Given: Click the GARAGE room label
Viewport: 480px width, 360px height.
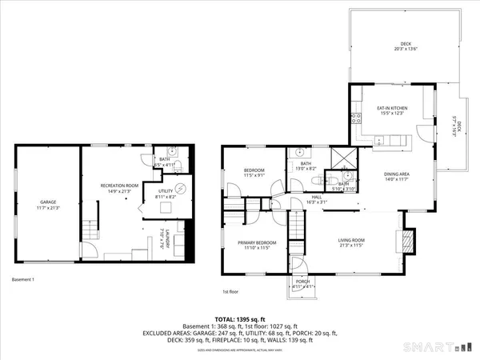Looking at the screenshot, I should click(x=47, y=204).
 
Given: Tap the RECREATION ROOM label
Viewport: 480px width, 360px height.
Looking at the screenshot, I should click(x=118, y=186).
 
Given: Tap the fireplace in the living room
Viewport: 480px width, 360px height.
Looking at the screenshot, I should click(x=408, y=241).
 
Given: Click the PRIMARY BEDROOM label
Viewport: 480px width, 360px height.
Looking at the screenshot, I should click(x=257, y=245).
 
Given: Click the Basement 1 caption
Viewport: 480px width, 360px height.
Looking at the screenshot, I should click(x=23, y=279).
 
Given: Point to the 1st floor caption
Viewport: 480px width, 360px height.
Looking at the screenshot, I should click(x=232, y=293).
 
